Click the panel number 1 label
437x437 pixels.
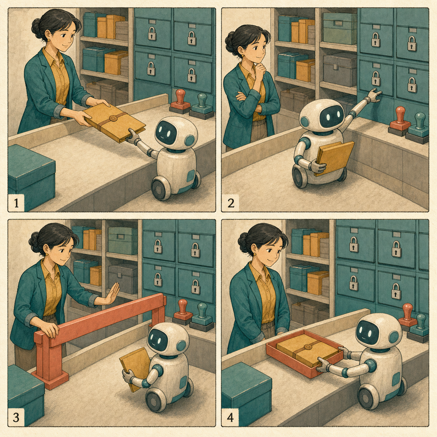(16, 203)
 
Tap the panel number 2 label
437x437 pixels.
(231, 203)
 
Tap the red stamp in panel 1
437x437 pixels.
(180, 101)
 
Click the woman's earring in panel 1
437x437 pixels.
(48, 40)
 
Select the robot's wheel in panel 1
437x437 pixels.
(161, 189)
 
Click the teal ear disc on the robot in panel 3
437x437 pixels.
(181, 346)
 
